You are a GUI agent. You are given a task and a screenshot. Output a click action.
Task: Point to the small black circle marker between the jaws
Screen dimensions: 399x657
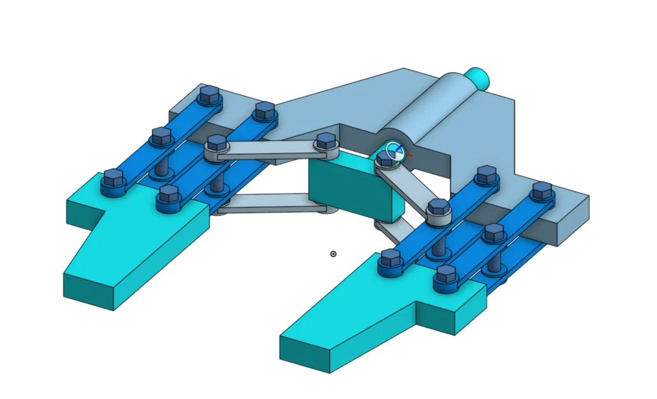click(333, 254)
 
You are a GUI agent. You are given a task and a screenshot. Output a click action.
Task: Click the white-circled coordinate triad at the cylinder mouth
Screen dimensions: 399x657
click(395, 151)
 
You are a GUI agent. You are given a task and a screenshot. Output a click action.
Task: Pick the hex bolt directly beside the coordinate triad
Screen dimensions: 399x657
click(385, 159)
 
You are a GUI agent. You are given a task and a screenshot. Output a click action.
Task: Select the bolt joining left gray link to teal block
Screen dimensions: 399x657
click(325, 142)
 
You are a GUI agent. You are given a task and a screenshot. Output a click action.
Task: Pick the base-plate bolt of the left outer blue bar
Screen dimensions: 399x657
click(209, 96)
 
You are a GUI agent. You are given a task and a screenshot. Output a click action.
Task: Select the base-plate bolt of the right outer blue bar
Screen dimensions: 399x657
click(542, 191)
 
